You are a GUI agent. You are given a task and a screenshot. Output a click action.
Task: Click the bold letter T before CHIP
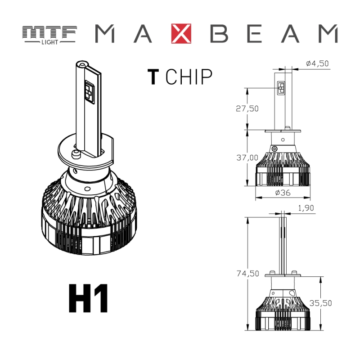153,77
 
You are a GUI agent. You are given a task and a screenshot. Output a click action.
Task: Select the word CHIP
189,77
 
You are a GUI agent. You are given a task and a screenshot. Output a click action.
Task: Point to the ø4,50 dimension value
317,63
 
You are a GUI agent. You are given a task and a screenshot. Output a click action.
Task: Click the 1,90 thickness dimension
306,208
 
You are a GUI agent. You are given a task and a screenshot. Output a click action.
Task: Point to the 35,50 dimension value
333,303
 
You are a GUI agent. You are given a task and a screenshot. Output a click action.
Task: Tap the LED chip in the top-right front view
281,88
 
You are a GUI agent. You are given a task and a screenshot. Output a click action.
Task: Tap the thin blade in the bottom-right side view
283,243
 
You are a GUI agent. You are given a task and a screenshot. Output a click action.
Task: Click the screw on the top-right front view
275,149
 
